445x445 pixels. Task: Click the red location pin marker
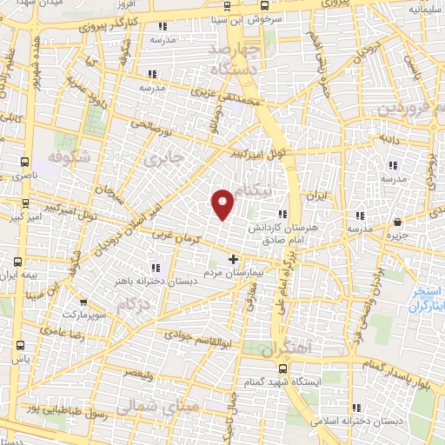[x=223, y=203]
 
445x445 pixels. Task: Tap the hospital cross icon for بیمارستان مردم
[x=232, y=259]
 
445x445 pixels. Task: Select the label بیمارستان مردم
[x=232, y=271]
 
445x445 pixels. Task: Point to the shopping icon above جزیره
[x=398, y=222]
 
